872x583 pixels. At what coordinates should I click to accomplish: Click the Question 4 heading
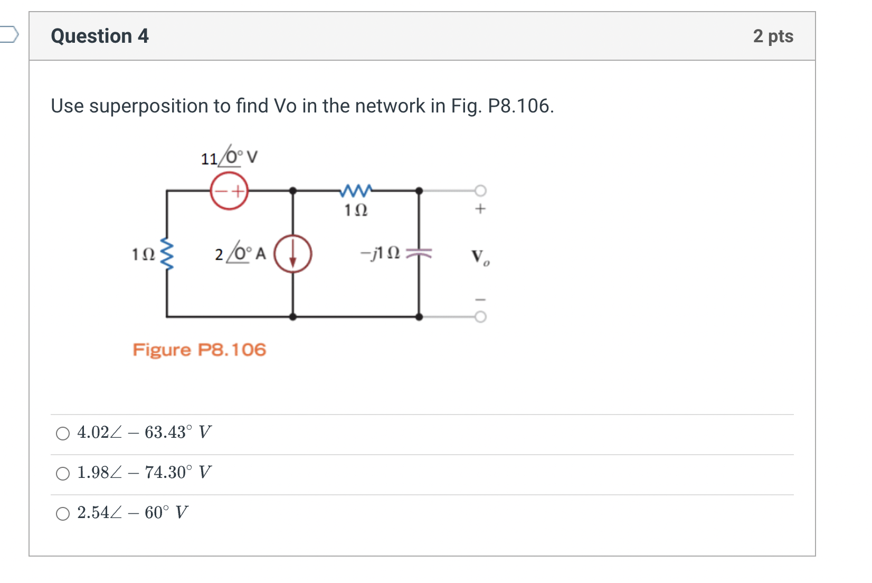point(100,36)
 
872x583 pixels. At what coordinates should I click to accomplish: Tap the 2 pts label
point(773,36)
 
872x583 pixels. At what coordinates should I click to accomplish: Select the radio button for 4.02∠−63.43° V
point(63,434)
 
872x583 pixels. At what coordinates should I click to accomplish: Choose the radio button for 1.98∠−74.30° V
point(63,474)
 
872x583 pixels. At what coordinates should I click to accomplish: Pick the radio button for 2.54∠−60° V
point(63,514)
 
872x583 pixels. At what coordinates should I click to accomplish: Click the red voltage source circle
point(229,191)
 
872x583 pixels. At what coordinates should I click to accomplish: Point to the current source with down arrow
point(293,254)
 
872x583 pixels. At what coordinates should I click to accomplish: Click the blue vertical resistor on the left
point(167,254)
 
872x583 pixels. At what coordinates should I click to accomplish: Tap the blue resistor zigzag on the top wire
point(356,190)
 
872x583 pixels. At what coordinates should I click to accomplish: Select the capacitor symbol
point(419,254)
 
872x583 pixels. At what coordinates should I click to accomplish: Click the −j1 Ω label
point(380,253)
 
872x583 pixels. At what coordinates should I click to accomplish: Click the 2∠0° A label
point(240,254)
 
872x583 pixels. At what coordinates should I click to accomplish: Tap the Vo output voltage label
point(480,257)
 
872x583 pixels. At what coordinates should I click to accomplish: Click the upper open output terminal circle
point(480,190)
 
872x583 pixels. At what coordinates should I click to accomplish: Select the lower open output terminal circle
point(480,317)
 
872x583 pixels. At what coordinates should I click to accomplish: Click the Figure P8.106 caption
point(199,350)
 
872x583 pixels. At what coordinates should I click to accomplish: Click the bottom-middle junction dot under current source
point(293,317)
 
